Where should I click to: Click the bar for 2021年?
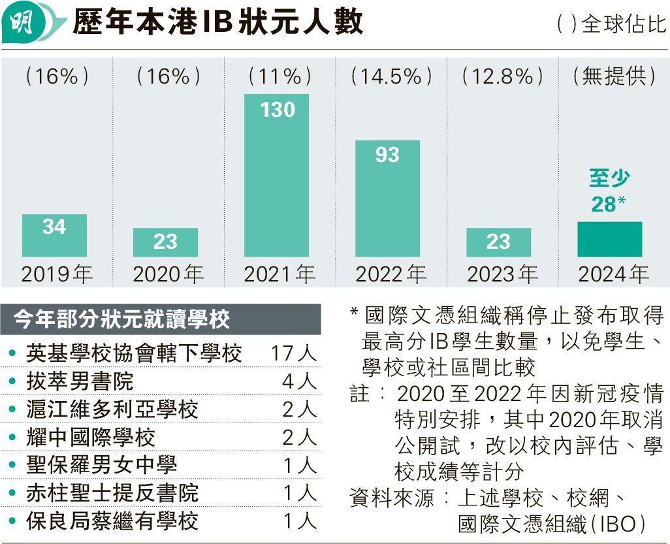tap(277, 175)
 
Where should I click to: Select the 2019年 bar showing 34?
tap(54, 235)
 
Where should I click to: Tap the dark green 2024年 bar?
tap(610, 239)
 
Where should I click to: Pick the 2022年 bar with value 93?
tap(388, 199)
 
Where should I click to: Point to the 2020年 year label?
tap(168, 274)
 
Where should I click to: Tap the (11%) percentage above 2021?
tap(279, 76)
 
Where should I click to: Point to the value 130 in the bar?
tap(278, 110)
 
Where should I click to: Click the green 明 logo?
tap(25, 25)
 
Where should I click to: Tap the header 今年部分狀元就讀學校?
tap(123, 320)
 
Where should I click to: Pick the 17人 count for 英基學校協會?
tap(293, 353)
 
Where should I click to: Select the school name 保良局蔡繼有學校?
tap(112, 521)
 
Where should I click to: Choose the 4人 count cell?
tap(299, 381)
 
